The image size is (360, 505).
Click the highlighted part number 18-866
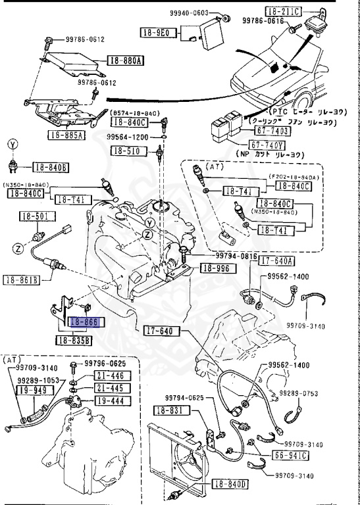(x=84, y=322)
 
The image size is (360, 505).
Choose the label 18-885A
(x=66, y=135)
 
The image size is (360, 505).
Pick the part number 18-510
(x=126, y=151)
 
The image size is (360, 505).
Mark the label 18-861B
(x=20, y=280)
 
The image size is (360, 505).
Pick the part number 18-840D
(x=230, y=485)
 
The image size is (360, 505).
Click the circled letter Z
(x=19, y=249)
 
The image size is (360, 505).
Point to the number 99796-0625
(x=105, y=364)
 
